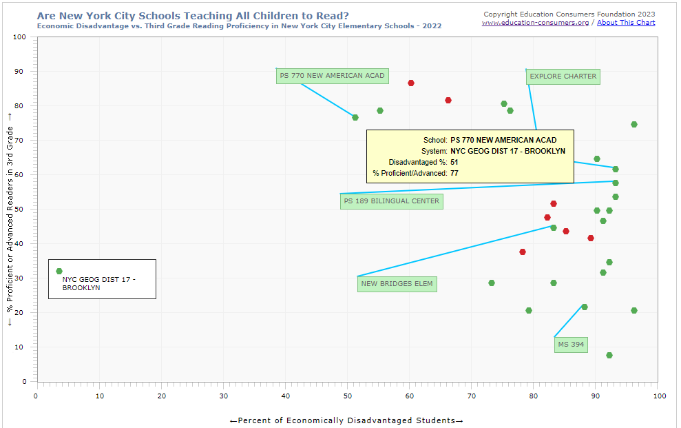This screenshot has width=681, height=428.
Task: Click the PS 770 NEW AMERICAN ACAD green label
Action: tap(332, 76)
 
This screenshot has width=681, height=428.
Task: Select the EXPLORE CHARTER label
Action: tap(563, 77)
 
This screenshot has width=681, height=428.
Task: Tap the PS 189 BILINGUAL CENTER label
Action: tap(390, 201)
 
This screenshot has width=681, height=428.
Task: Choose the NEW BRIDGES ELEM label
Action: tap(397, 284)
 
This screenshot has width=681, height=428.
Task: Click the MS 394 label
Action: tap(571, 345)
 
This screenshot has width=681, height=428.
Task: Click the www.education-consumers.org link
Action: tap(535, 23)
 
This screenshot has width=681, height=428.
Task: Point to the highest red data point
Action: tap(411, 83)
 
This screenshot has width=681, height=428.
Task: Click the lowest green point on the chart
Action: tap(609, 356)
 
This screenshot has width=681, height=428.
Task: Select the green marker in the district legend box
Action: tap(59, 272)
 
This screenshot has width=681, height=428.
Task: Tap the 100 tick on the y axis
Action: tap(20, 37)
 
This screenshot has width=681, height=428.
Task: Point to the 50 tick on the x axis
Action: tap(348, 396)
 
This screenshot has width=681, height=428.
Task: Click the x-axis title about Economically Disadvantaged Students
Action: tap(346, 420)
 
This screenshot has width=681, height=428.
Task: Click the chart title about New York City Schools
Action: tap(193, 14)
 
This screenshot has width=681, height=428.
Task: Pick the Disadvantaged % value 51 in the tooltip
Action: tap(454, 162)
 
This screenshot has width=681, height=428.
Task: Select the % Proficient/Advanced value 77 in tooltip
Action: tap(454, 173)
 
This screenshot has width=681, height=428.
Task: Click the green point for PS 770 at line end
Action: tap(355, 118)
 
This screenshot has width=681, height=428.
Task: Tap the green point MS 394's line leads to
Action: tap(584, 307)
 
